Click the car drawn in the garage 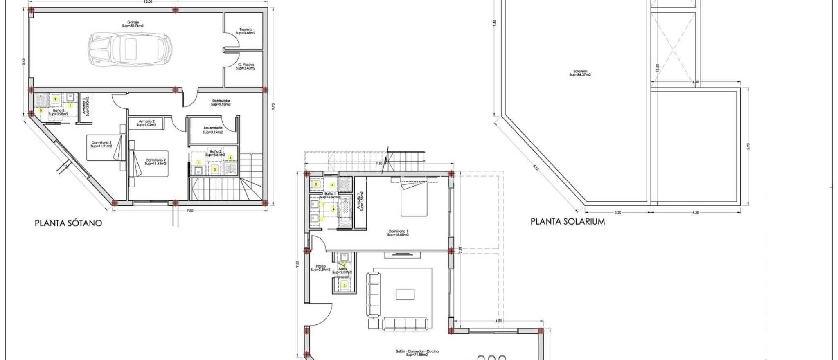[130, 49]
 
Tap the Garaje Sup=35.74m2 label [133, 24]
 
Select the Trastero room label [246, 31]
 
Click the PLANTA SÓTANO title [68, 223]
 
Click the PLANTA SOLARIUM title [568, 222]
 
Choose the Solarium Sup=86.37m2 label [580, 73]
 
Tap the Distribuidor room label [221, 103]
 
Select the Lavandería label [213, 130]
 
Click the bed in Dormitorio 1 [414, 199]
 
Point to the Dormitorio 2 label [155, 162]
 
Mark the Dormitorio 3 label [101, 144]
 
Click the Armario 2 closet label [146, 123]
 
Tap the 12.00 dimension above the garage [148, 2]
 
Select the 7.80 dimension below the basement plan [190, 211]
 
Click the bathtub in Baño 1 [345, 212]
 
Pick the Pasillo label [320, 268]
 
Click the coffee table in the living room [405, 295]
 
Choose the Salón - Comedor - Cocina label [417, 353]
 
